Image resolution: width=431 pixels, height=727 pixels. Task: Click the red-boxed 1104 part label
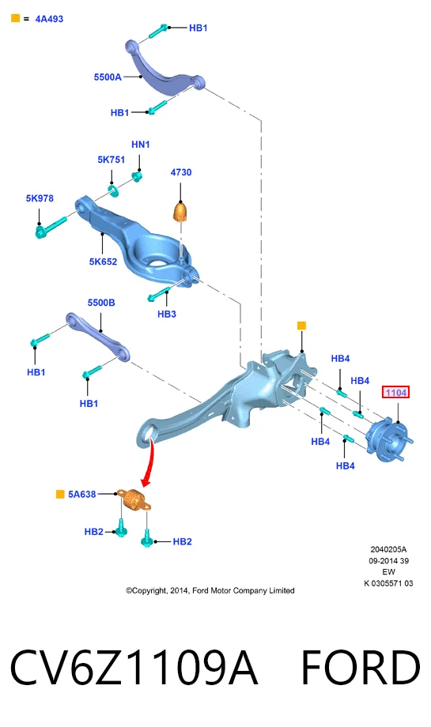click(x=395, y=392)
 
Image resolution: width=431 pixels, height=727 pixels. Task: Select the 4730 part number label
click(x=181, y=172)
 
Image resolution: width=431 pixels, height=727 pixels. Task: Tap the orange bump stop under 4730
click(x=182, y=212)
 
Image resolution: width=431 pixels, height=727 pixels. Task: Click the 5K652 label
click(x=103, y=262)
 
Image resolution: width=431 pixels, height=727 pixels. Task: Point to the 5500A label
click(x=108, y=77)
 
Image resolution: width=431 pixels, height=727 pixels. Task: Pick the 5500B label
click(x=101, y=303)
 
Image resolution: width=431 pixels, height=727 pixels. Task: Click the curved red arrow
click(x=149, y=463)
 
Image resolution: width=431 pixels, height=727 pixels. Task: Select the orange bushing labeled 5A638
click(x=134, y=499)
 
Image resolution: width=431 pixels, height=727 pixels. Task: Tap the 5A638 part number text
click(x=82, y=494)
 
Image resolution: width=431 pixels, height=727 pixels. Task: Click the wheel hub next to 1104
click(x=389, y=440)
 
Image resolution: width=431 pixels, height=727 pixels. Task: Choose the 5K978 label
click(x=40, y=198)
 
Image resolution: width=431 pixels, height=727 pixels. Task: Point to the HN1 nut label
click(x=141, y=144)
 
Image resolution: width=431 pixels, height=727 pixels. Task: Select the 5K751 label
click(x=112, y=160)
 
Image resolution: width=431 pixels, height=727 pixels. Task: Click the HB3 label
click(x=167, y=314)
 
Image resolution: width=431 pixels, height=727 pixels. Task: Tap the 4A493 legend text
click(x=49, y=19)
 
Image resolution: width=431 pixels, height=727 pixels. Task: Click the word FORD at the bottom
click(x=361, y=668)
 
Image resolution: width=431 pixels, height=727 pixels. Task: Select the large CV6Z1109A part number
click(x=133, y=668)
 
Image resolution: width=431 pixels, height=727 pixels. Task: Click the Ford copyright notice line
click(x=210, y=590)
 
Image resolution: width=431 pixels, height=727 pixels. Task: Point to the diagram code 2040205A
click(x=388, y=549)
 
